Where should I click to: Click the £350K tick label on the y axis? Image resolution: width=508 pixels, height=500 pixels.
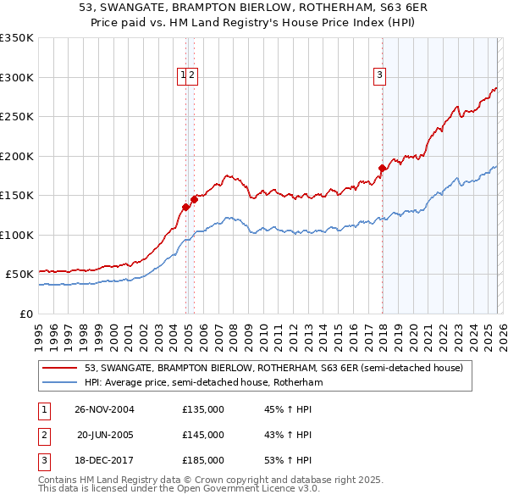coord(17,38)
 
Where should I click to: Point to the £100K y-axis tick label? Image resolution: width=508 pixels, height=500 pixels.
coord(17,235)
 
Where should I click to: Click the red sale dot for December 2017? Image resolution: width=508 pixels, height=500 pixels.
coord(382,168)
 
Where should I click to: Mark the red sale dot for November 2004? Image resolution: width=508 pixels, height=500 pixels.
coord(186,207)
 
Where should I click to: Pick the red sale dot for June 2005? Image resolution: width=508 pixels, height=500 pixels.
coord(195,199)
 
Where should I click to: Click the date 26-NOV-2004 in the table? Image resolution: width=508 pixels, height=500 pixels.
coord(104,408)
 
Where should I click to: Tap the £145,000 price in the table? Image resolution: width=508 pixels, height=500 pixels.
coord(203,435)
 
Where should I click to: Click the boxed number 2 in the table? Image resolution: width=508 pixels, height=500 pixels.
coord(43,435)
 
